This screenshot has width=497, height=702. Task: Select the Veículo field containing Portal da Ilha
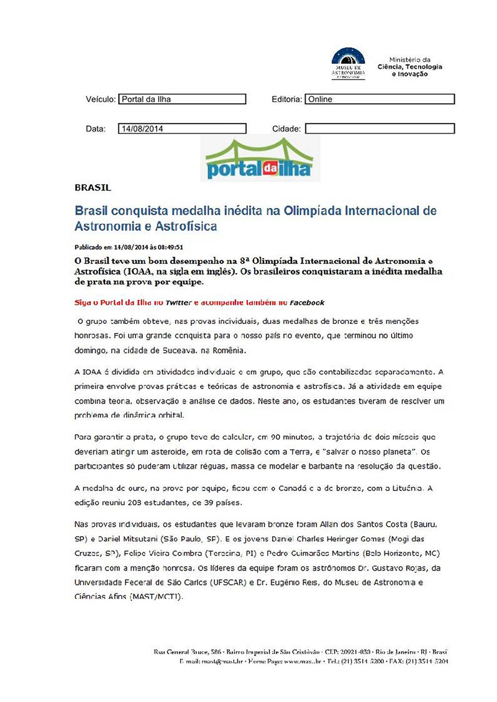182,99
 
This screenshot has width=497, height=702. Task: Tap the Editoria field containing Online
380,99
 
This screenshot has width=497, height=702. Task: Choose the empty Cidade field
380,129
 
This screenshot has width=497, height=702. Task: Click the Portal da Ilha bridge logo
259,160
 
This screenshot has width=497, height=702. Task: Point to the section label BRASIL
93,187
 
